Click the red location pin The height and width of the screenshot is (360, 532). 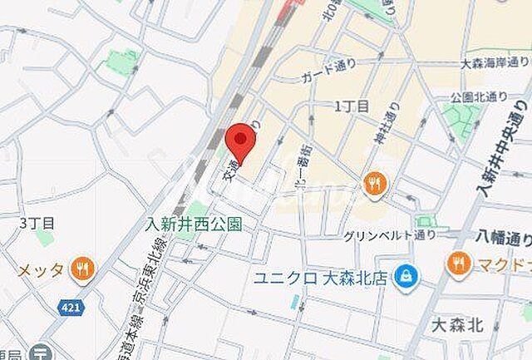point(240,142)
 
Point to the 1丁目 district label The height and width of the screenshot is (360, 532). point(352,106)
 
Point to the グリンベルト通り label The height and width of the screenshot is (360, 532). point(389,236)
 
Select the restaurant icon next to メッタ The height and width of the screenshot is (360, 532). point(81,268)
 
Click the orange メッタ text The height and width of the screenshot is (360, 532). point(41,269)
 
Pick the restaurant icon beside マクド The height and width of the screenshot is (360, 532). point(458,264)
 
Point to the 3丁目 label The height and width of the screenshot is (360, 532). point(37,224)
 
